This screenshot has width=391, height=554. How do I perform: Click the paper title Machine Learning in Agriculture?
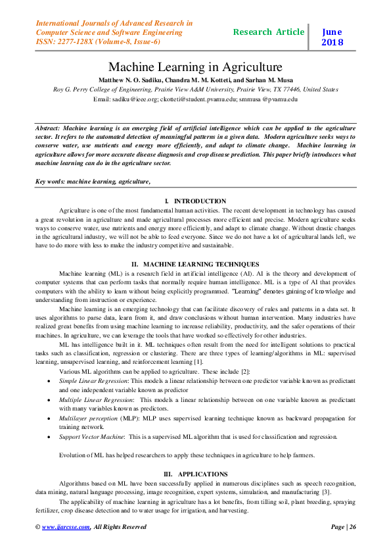click(195, 67)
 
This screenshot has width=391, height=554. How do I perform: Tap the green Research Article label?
click(269, 32)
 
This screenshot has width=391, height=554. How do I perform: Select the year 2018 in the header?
click(333, 43)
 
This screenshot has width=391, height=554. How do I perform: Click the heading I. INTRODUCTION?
click(195, 200)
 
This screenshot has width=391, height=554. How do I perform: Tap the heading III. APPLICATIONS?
click(195, 474)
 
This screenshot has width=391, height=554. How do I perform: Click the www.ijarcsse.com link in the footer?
click(66, 526)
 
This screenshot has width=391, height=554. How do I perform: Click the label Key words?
click(51, 180)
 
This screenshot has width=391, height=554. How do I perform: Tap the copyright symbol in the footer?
click(37, 526)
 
